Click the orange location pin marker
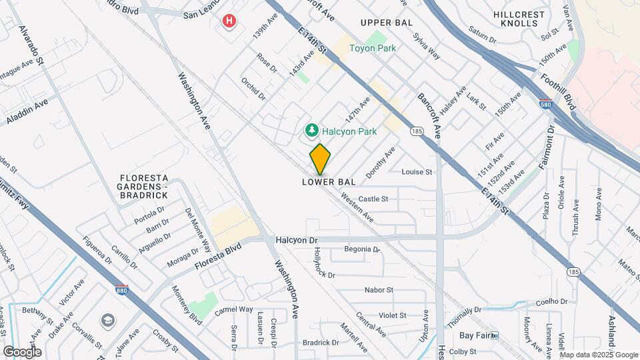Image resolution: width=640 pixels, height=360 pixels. pos(321,159)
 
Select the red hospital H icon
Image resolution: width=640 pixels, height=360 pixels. pos(229,22)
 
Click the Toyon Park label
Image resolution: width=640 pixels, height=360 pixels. pos(373,48)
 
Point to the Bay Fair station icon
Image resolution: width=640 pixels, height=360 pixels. pos(494,335)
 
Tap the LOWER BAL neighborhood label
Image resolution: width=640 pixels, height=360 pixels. pos(329,181)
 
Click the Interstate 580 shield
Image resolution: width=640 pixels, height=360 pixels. pos(545,104)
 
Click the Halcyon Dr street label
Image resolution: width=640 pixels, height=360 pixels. pos(298,239)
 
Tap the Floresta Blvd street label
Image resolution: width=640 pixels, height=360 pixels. pos(217,255)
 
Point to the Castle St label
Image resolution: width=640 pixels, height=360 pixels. pos(373,199)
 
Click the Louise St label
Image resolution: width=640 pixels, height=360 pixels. pos(417,172)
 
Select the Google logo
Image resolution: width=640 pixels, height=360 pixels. pos(22,351)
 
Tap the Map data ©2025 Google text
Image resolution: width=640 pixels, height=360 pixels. pos(599,355)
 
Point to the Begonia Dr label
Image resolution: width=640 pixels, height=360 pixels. pos(361,250)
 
